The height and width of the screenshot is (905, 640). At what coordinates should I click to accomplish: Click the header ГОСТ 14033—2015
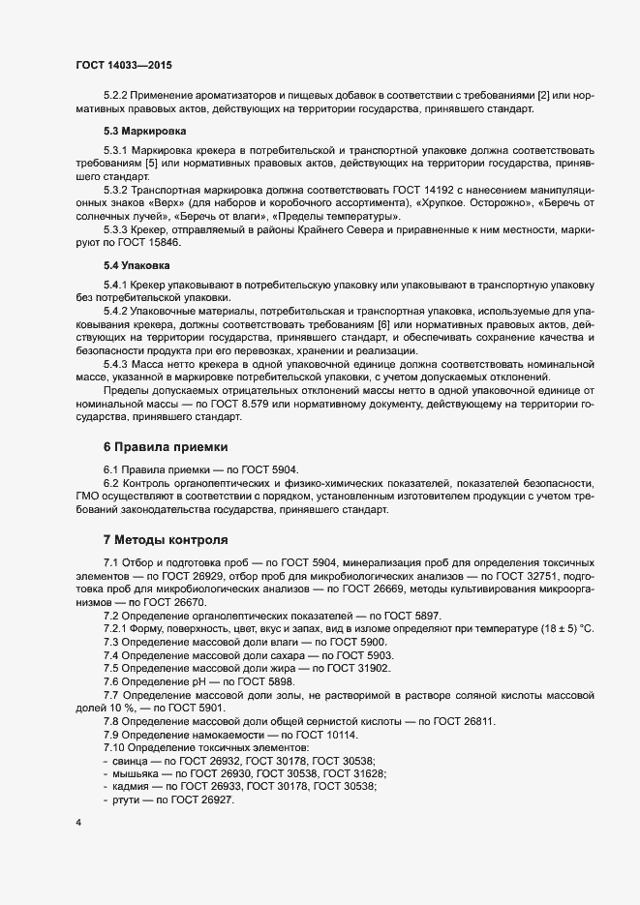click(125, 65)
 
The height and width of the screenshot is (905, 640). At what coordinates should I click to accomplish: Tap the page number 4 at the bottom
click(78, 824)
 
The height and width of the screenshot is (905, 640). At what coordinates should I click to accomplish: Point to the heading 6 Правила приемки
click(166, 447)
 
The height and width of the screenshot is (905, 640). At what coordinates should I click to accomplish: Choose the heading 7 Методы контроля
click(166, 538)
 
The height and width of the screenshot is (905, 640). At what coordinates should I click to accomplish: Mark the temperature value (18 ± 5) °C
click(556, 629)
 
